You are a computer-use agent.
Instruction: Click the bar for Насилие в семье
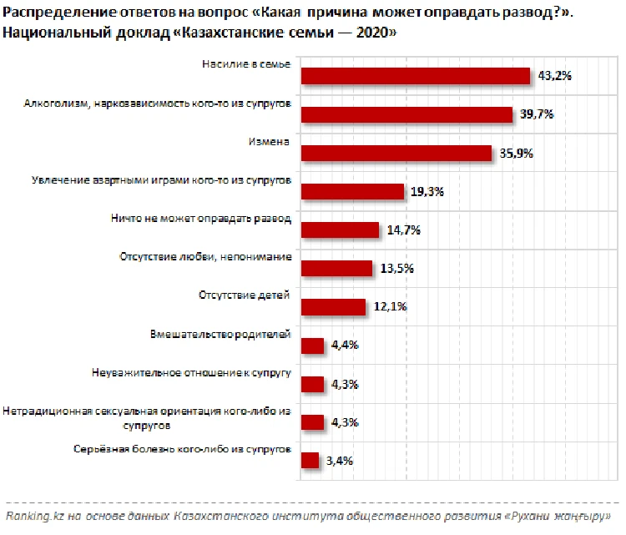coord(416,76)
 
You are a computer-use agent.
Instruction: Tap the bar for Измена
coord(396,153)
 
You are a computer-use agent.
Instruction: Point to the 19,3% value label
coord(427,191)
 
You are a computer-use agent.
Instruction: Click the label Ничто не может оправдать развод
coord(200,219)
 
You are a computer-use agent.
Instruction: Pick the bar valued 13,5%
coord(336,268)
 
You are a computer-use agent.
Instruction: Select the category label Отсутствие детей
coord(245,295)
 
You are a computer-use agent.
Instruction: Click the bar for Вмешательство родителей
coord(312,345)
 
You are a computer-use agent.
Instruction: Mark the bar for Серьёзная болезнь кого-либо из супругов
coord(310,460)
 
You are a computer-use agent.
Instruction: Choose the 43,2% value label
coord(554,76)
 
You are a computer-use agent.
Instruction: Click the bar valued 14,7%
coord(340,230)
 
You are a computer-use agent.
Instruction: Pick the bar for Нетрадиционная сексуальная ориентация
coord(312,421)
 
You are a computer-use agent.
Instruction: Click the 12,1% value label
coord(390,306)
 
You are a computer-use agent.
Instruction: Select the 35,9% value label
coord(517,153)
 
